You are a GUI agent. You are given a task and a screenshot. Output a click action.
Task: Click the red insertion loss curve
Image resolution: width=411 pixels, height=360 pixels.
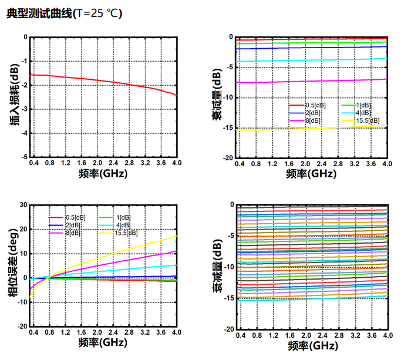pos(106,80)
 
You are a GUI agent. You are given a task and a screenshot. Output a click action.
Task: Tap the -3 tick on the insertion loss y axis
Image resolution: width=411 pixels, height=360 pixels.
pos(24,109)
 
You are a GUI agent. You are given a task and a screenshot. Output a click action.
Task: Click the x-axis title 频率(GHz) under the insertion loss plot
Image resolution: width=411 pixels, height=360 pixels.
pos(103,174)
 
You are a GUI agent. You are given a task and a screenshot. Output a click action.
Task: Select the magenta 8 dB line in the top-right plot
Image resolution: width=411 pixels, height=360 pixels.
pos(311,81)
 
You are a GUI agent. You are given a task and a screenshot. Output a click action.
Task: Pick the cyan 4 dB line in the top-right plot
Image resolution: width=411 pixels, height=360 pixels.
pos(311,60)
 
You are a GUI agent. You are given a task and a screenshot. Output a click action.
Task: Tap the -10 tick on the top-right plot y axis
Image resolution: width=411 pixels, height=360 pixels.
pos(230,97)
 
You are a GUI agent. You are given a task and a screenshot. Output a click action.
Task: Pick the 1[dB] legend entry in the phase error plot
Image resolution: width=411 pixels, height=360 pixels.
pos(123,217)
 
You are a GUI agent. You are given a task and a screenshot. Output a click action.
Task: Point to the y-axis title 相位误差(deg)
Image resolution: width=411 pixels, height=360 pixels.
pos(13,265)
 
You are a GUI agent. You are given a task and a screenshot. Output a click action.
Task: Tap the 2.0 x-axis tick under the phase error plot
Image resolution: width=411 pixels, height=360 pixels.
pos(97,332)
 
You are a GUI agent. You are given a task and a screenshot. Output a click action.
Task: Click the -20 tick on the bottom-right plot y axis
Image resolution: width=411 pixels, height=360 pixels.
pos(230,329)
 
